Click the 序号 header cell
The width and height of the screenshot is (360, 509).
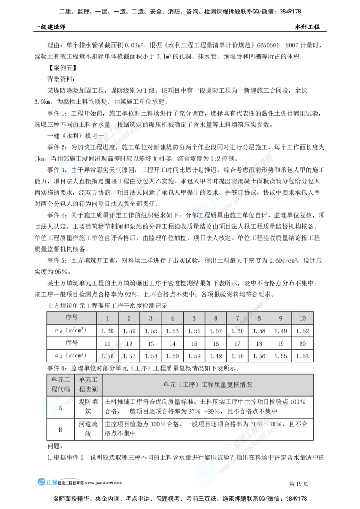point(72,318)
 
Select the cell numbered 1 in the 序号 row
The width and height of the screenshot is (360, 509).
point(108,318)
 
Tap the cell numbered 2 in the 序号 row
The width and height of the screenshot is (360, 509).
point(129,318)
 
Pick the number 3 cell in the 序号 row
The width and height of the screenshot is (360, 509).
point(151,318)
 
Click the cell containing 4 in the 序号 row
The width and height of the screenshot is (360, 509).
point(172,318)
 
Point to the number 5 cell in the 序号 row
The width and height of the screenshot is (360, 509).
point(194,318)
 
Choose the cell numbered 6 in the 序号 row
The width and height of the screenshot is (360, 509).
point(216,318)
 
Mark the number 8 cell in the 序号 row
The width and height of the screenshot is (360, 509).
point(259,318)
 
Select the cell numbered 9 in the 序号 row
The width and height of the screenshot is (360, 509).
point(281,318)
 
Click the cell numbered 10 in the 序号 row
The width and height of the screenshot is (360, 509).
point(302,318)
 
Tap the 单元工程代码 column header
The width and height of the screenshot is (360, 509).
point(61,385)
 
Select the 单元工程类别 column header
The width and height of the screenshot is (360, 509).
point(88,385)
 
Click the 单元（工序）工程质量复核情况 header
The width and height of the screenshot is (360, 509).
point(207,385)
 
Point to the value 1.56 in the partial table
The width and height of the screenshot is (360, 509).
point(108,356)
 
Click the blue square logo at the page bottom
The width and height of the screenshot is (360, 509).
point(42,481)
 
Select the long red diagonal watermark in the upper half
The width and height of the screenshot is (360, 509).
point(128,200)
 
